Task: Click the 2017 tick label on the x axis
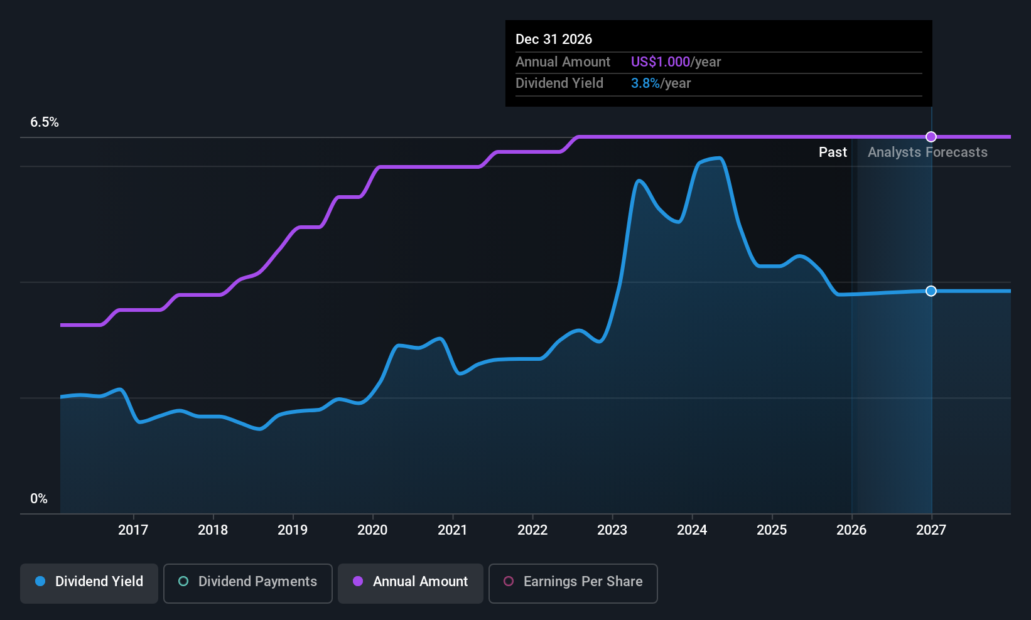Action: tap(133, 530)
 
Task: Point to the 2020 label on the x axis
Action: tap(372, 530)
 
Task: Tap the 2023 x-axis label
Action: tap(612, 530)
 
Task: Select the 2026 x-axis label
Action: tap(851, 530)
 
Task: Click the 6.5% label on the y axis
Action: tap(45, 122)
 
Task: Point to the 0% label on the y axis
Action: tap(39, 499)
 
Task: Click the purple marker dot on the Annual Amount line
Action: tap(931, 137)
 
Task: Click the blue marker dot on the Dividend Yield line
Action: tap(931, 291)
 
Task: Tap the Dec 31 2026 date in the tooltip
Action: tap(554, 40)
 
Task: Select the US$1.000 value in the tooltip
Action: tap(661, 61)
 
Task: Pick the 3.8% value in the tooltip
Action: tap(645, 83)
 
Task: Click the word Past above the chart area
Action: tap(833, 152)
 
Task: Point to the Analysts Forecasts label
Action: tap(927, 152)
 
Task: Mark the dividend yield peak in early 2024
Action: tap(718, 159)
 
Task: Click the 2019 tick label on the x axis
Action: tap(293, 530)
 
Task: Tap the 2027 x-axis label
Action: tap(931, 530)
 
